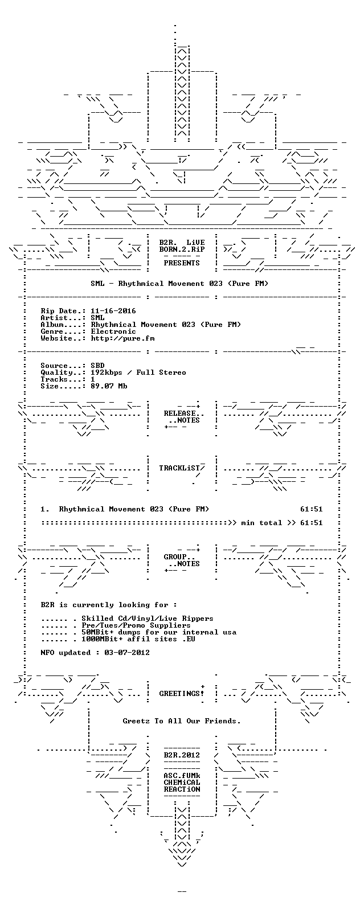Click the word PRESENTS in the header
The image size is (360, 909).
pyautogui.click(x=182, y=263)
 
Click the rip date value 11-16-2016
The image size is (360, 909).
pyautogui.click(x=113, y=311)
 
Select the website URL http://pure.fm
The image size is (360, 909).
pyautogui.click(x=122, y=338)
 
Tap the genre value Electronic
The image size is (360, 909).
pyautogui.click(x=113, y=331)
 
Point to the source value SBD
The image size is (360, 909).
pyautogui.click(x=97, y=366)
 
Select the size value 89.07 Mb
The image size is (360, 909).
pyautogui.click(x=109, y=386)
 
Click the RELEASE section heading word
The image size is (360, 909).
pyautogui.click(x=179, y=413)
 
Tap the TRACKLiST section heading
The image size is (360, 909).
pyautogui.click(x=179, y=468)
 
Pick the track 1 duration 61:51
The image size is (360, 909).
pyautogui.click(x=311, y=509)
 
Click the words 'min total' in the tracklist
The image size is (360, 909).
pyautogui.click(x=261, y=523)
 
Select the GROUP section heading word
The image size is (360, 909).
pyautogui.click(x=175, y=557)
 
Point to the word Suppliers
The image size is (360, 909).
pyautogui.click(x=170, y=625)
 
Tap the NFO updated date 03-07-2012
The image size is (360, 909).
pyautogui.click(x=127, y=653)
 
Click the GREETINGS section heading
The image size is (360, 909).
pyautogui.click(x=179, y=694)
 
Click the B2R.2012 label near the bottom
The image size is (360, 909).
pyautogui.click(x=182, y=755)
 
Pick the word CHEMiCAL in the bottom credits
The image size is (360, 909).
pyautogui.click(x=182, y=783)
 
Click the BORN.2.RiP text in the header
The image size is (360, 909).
pyautogui.click(x=182, y=249)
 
